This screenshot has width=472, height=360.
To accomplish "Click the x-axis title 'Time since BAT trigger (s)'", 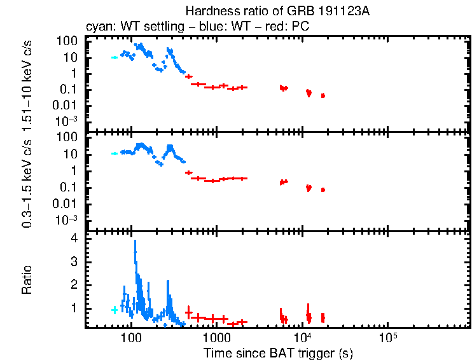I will point(278,352).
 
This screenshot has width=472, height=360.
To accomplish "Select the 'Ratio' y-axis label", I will point(27,280).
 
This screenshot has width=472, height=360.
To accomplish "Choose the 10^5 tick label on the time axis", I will point(387,336).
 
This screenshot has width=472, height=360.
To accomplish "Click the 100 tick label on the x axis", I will point(131,336).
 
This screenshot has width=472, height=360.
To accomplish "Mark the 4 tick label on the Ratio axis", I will point(74,238).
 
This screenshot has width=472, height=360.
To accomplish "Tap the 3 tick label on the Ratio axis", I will point(74,261).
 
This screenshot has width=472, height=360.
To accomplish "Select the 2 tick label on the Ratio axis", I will point(74,284).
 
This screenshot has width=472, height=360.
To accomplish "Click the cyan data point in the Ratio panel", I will point(115,310).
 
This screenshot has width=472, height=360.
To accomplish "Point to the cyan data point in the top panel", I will point(115,57).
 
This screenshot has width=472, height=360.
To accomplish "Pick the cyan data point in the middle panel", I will point(115,153).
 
